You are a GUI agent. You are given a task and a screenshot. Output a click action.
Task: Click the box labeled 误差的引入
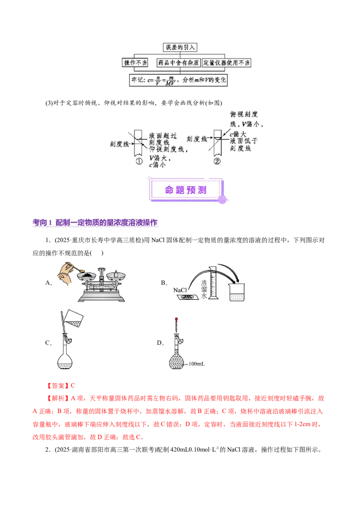pos(180,47)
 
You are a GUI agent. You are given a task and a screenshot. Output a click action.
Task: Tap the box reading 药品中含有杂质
pos(179,63)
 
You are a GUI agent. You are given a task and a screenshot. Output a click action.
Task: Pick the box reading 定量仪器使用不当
pos(226,63)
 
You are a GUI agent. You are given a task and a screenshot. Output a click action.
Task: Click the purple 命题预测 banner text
pos(186,190)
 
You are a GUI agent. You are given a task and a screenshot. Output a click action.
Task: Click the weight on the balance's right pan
pos(116,274)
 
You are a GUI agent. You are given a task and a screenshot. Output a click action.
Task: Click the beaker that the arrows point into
pos(237,292)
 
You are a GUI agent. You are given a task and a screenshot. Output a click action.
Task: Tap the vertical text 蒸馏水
pos(203,288)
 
